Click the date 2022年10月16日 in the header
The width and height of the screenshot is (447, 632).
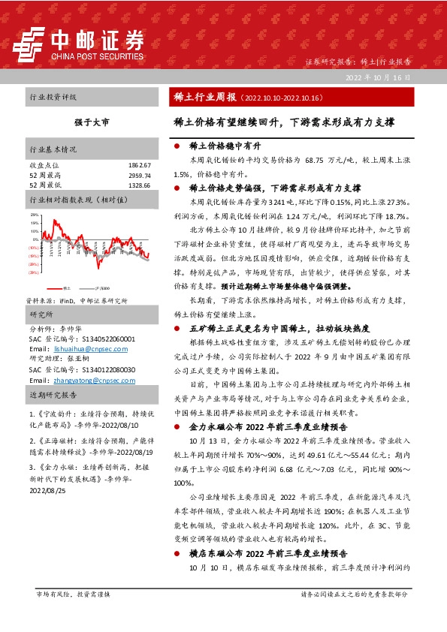[x=378, y=78]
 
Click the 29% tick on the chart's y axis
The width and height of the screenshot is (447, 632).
[x=34, y=215]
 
